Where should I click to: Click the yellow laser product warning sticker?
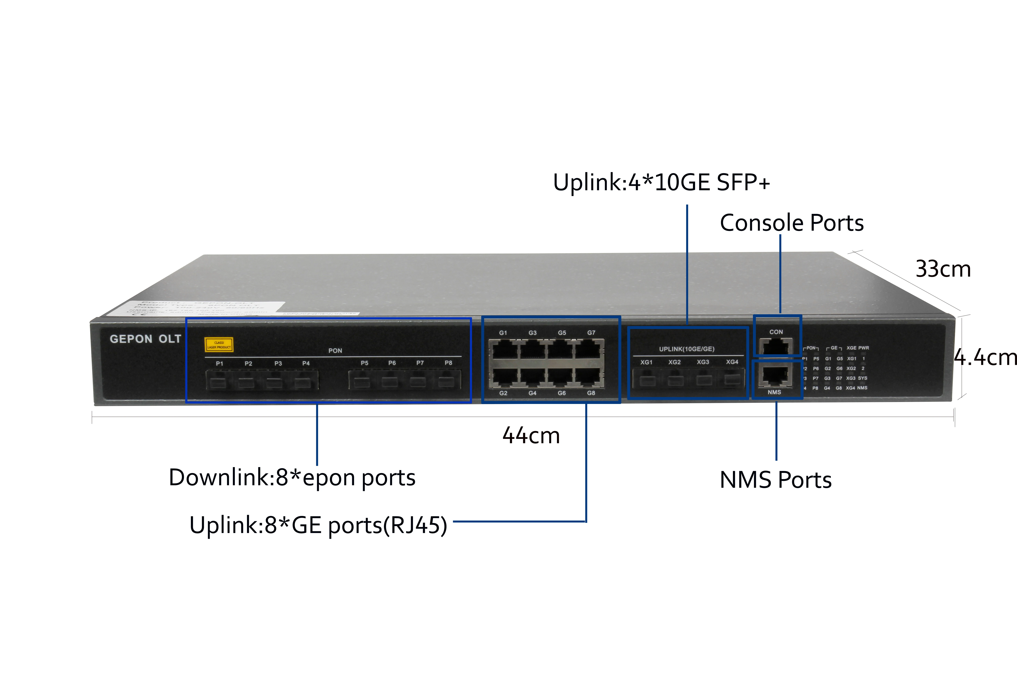point(219,345)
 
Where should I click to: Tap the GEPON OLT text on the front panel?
point(145,339)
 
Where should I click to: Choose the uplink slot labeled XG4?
point(732,379)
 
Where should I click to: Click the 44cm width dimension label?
point(531,436)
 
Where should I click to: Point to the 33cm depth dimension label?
point(943,269)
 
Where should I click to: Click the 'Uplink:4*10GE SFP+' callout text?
point(662,182)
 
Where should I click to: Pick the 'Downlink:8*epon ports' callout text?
point(292,478)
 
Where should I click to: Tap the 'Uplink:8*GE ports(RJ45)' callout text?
point(318,525)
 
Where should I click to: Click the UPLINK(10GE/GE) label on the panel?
point(687,349)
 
